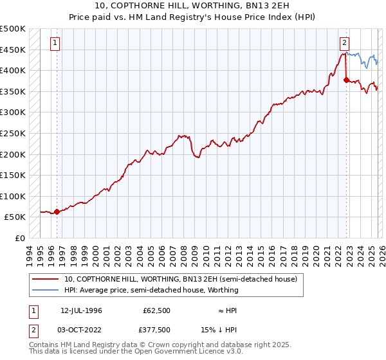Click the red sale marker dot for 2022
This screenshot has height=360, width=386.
point(346,80)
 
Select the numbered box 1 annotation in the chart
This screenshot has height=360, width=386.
point(55,43)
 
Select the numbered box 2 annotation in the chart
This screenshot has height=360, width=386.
point(345,43)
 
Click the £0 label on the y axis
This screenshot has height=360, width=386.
point(19,238)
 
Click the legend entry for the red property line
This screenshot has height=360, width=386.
point(180,280)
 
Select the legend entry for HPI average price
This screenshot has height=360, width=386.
point(151,290)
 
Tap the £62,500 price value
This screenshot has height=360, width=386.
point(156,310)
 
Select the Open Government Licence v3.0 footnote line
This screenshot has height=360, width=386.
point(136,352)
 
